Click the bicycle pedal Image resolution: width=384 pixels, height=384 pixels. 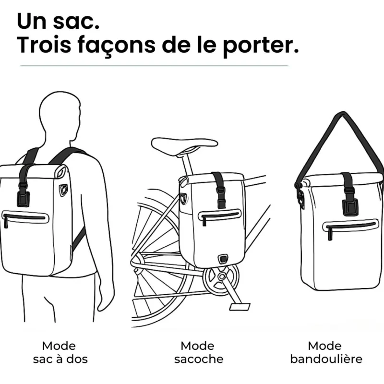pyautogui.click(x=239, y=305)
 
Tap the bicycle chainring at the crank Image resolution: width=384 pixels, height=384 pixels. pyautogui.click(x=221, y=278)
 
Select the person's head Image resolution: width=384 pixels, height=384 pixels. pyautogui.click(x=60, y=115)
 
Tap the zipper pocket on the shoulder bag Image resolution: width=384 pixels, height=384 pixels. pyautogui.click(x=351, y=226)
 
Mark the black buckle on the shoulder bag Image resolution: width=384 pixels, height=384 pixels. pyautogui.click(x=349, y=206)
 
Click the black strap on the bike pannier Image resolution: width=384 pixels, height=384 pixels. pyautogui.click(x=219, y=190)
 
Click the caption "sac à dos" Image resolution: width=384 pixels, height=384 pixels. pyautogui.click(x=60, y=359)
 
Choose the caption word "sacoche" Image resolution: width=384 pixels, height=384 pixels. pyautogui.click(x=199, y=359)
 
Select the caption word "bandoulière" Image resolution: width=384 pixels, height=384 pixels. pyautogui.click(x=326, y=359)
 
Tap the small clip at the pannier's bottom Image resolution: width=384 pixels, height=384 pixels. pyautogui.click(x=222, y=259)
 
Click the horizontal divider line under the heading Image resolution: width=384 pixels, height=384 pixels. pyautogui.click(x=154, y=65)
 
